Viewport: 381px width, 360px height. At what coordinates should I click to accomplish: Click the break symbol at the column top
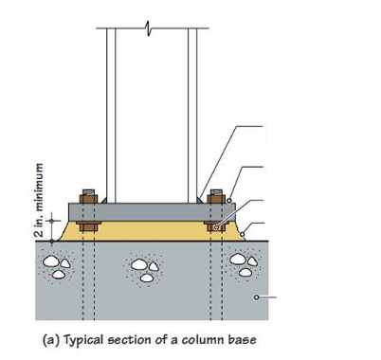[x=148, y=28]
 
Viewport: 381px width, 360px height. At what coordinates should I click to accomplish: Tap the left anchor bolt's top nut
[x=88, y=199]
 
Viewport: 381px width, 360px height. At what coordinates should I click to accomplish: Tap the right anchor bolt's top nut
[x=216, y=199]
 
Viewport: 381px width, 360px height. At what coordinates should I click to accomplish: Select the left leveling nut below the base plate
[x=88, y=226]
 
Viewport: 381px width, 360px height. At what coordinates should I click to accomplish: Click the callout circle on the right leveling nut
[x=216, y=227]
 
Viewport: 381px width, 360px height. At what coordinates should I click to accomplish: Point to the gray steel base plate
[x=152, y=212]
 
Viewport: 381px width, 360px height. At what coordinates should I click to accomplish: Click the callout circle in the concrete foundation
[x=257, y=297]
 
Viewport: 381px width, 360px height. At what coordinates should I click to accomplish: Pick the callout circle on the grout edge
[x=243, y=234]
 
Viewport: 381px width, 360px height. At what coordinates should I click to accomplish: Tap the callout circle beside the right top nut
[x=229, y=201]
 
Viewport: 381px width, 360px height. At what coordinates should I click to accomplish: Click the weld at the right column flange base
[x=199, y=200]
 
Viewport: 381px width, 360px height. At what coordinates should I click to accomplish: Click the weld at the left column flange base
[x=104, y=200]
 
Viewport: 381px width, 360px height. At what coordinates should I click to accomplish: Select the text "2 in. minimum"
[x=39, y=201]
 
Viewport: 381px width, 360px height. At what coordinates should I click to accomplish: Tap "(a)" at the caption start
[x=50, y=340]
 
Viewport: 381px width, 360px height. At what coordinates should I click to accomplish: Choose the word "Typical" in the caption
[x=83, y=341]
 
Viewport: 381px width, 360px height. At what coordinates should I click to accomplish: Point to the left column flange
[x=111, y=116]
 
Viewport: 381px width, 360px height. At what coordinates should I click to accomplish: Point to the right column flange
[x=192, y=116]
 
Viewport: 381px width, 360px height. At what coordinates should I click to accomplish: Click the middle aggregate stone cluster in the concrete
[x=145, y=269]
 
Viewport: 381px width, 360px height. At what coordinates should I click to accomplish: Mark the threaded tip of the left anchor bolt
[x=88, y=192]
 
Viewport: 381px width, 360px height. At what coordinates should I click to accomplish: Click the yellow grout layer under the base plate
[x=152, y=231]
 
